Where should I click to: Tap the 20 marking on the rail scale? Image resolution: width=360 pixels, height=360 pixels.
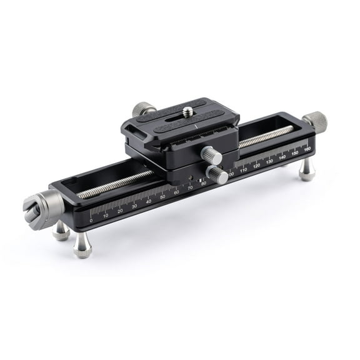(120, 211)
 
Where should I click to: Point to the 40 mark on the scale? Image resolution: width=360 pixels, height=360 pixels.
(149, 201)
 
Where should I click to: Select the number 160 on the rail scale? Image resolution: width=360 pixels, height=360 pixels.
(307, 149)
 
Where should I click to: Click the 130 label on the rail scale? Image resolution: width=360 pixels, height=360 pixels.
(269, 162)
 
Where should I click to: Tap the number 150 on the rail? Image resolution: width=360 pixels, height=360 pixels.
(295, 154)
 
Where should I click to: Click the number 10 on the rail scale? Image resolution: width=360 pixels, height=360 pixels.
(106, 216)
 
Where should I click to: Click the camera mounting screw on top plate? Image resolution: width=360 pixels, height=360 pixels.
(188, 112)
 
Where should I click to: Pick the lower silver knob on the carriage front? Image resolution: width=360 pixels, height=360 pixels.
(217, 174)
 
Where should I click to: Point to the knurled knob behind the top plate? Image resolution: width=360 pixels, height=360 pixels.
(144, 109)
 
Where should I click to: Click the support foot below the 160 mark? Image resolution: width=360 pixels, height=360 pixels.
(306, 170)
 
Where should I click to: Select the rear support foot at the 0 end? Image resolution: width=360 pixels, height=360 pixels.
(61, 232)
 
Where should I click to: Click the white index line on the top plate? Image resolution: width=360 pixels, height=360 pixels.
(195, 126)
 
